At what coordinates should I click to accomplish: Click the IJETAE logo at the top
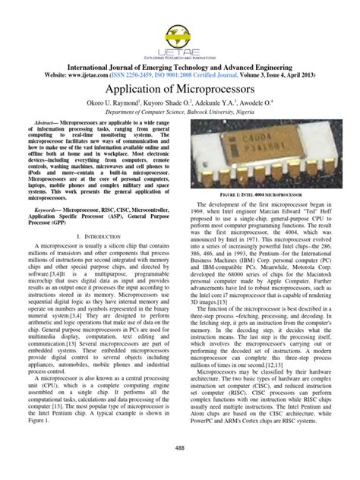180,30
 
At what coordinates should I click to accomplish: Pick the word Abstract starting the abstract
43,122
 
